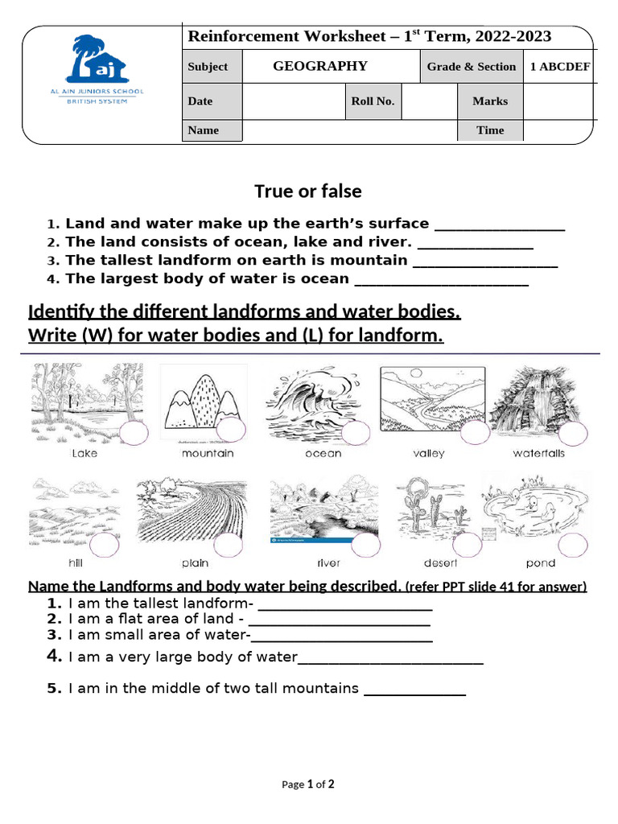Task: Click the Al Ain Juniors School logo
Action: click(x=96, y=68)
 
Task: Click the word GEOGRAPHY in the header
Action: click(x=320, y=66)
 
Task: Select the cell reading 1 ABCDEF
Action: click(x=560, y=67)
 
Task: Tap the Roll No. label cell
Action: click(x=373, y=101)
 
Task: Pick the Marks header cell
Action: click(x=490, y=101)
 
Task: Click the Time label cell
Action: click(x=490, y=130)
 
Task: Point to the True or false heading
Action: click(x=308, y=192)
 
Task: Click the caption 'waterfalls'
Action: click(x=538, y=454)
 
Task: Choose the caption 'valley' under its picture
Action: click(x=429, y=454)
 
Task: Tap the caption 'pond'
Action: click(x=541, y=563)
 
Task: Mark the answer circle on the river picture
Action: click(x=365, y=545)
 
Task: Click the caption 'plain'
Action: click(x=195, y=563)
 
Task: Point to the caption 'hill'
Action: click(x=76, y=563)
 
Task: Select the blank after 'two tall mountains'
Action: click(x=415, y=690)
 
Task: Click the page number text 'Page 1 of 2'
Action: click(x=308, y=785)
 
